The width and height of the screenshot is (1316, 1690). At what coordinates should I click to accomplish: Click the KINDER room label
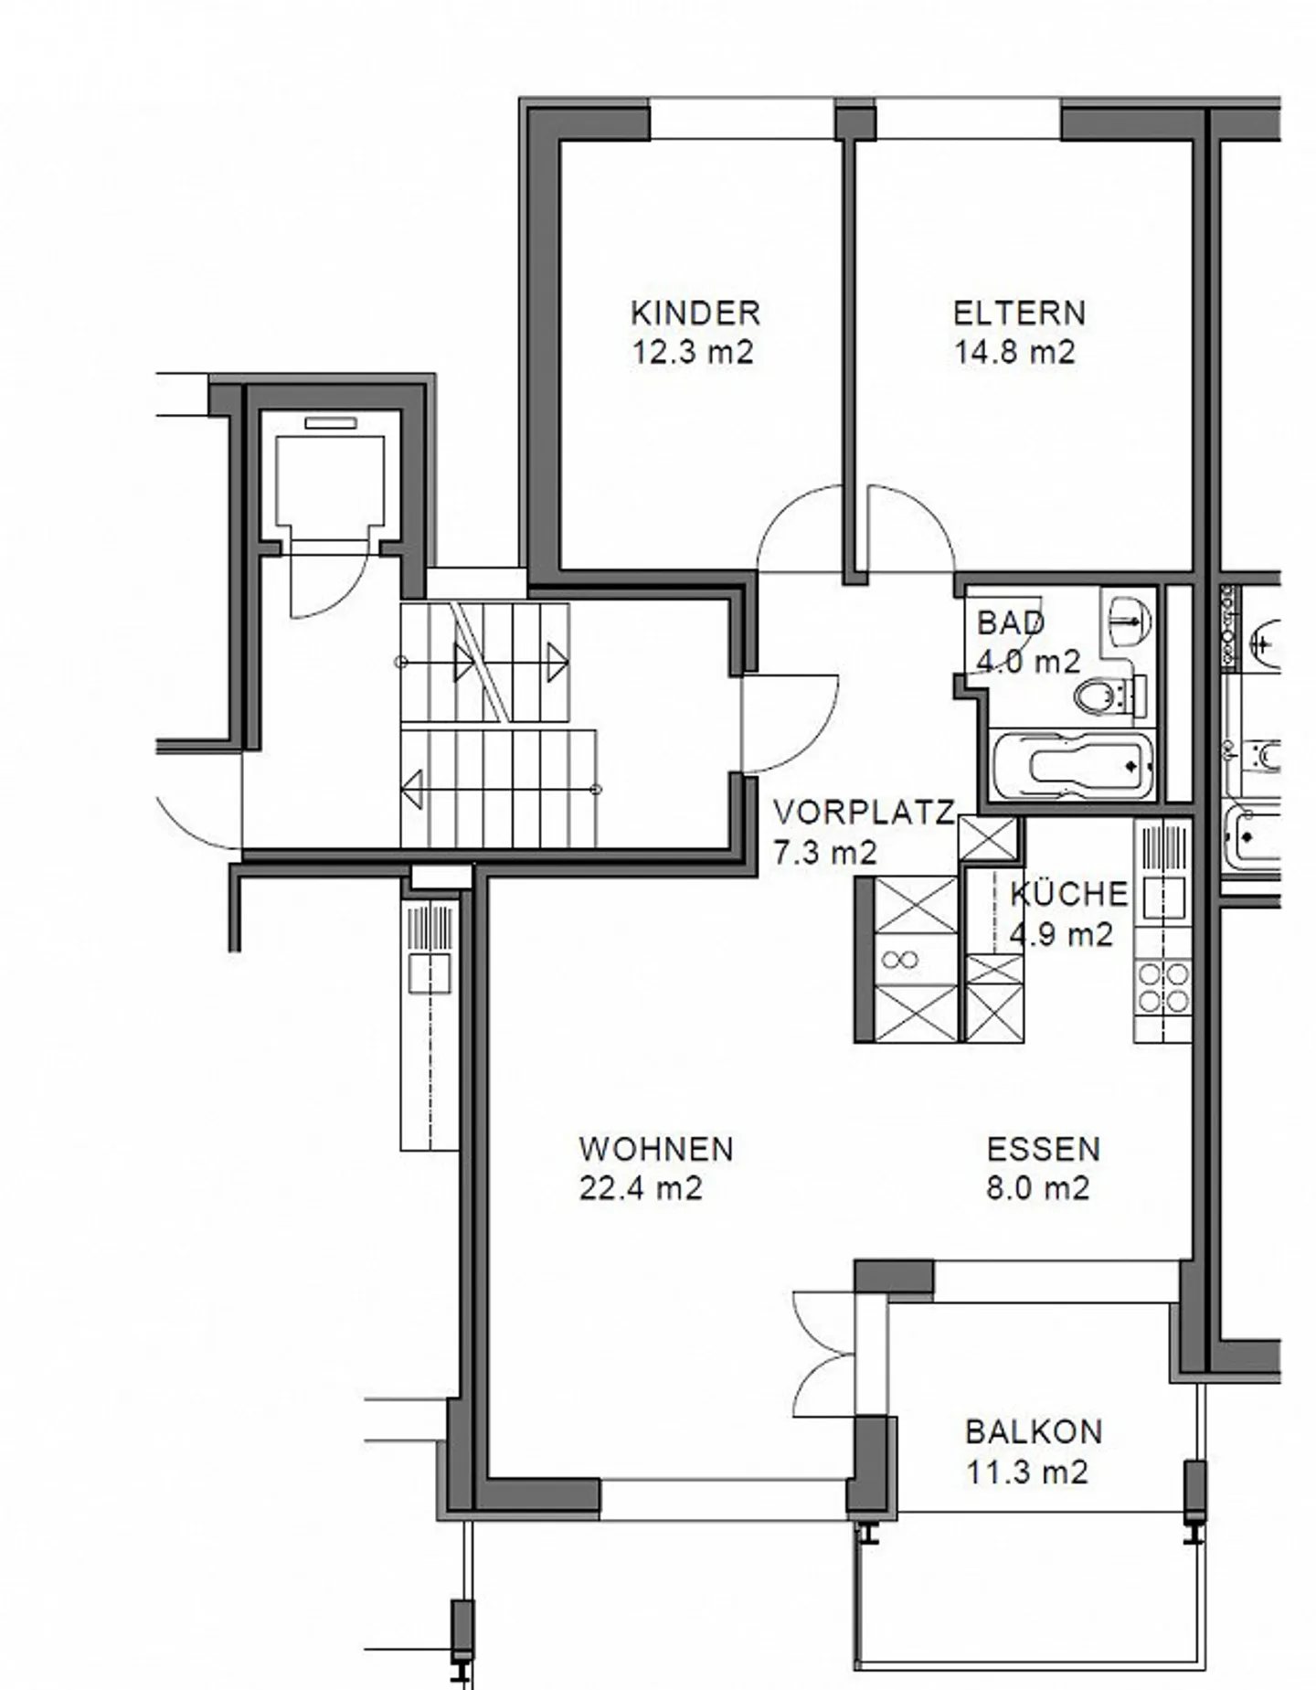[x=695, y=314]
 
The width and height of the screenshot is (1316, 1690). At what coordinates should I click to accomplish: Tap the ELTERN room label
[x=1019, y=314]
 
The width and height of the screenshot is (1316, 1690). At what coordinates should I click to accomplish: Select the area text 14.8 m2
[x=1015, y=352]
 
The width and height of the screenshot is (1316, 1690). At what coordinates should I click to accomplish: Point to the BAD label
[x=1011, y=622]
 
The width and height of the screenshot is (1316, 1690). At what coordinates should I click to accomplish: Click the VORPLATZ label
[x=865, y=812]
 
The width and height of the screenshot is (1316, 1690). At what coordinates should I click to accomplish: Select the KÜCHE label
[x=1068, y=893]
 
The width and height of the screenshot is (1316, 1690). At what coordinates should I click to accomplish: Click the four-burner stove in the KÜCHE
[x=1162, y=988]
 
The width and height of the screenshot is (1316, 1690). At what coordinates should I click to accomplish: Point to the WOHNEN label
[x=656, y=1149]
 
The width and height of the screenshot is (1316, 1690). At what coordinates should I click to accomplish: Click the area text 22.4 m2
[x=641, y=1188]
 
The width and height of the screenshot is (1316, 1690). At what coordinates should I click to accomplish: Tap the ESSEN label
[x=1044, y=1149]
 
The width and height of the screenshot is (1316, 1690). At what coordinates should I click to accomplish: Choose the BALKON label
[x=1034, y=1431]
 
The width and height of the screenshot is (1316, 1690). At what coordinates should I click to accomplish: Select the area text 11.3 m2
[x=1027, y=1472]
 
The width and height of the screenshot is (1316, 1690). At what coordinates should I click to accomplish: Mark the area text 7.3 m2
[x=825, y=852]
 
